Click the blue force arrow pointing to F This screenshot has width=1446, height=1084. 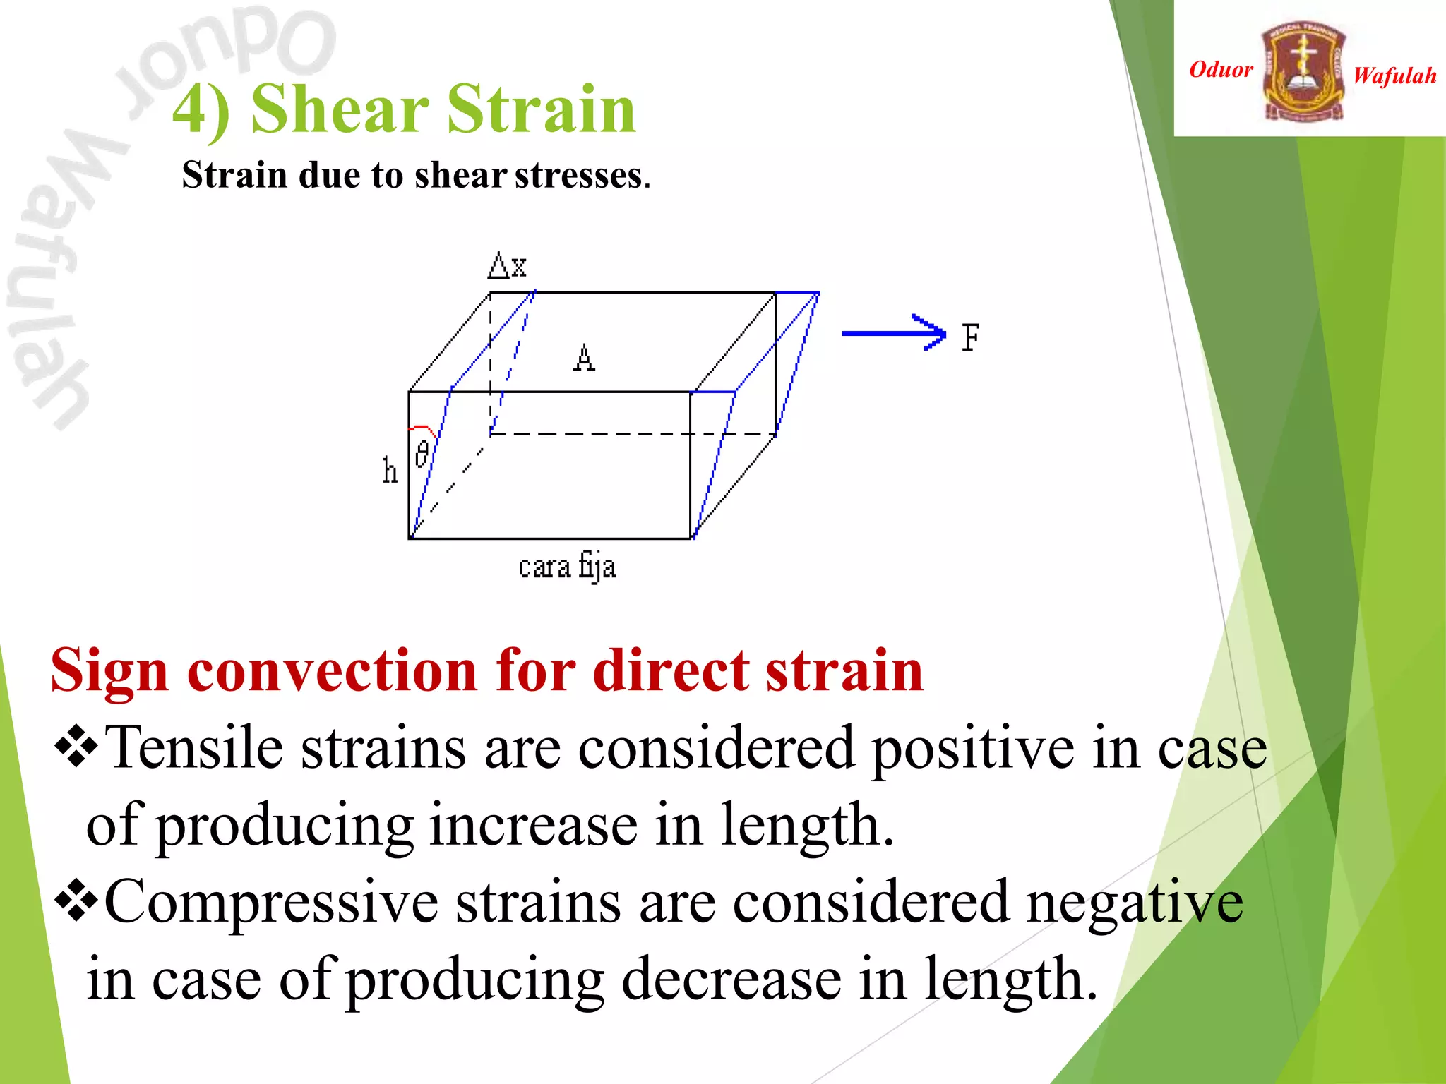coord(893,333)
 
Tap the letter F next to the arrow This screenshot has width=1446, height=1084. coord(971,337)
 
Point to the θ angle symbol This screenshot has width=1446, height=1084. coord(422,453)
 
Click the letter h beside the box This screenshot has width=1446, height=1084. coord(390,470)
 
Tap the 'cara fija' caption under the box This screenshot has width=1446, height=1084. coord(567,567)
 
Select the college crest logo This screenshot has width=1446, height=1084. coord(1303,71)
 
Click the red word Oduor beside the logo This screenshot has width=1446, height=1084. coord(1221,69)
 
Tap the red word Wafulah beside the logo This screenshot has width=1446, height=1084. coord(1394,76)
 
